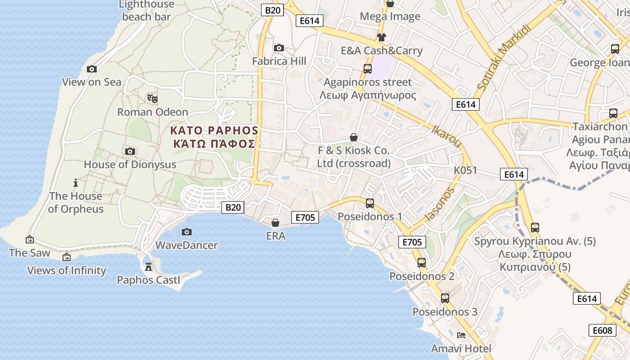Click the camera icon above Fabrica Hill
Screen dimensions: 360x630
279,48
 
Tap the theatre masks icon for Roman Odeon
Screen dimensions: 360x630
153,98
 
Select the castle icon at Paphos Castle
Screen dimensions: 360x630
148,267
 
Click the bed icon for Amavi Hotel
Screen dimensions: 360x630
461,335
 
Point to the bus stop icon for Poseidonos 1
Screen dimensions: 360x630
370,203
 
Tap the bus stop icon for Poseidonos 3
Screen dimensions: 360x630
445,298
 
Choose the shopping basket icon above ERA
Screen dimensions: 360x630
275,223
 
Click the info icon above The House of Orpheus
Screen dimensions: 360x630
76,183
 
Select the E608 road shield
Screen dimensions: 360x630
602,330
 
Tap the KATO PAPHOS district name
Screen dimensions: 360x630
214,131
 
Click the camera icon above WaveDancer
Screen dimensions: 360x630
187,232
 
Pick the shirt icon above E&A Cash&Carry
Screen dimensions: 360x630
382,37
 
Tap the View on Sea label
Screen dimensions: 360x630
92,82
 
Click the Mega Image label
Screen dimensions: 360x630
390,17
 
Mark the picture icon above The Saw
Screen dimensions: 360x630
30,240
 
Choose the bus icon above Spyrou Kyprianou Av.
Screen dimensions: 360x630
535,228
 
